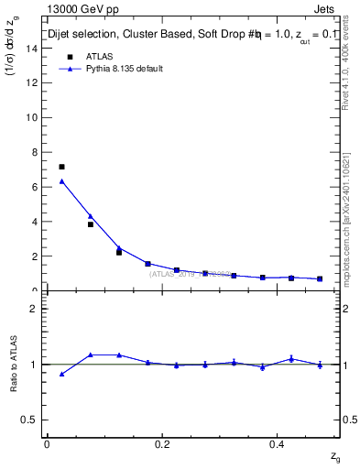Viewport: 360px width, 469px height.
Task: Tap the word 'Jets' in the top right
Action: (329, 9)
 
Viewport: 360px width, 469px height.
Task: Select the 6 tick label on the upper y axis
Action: (35, 187)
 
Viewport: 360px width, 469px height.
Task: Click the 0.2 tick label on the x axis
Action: (162, 444)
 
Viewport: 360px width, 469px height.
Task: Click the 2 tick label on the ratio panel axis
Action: (35, 309)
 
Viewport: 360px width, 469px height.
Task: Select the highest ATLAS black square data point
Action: (61, 167)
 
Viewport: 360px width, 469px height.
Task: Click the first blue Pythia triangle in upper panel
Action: (61, 181)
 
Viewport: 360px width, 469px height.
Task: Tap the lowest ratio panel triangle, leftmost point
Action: (61, 374)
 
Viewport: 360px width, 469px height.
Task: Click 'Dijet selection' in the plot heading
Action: (83, 35)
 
